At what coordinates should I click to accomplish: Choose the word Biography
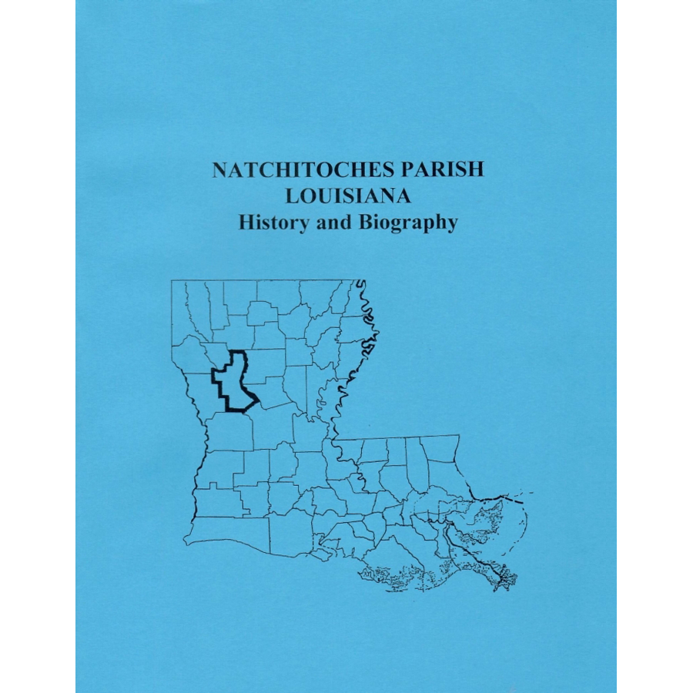click(x=407, y=224)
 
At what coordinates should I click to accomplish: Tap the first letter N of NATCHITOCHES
click(x=219, y=170)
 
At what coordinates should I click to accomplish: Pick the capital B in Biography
click(x=364, y=223)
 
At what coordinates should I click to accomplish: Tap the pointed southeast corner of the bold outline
click(x=258, y=398)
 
